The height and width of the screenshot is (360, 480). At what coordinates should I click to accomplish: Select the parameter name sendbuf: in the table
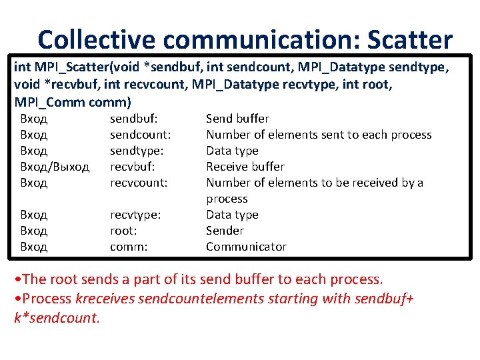tap(133, 119)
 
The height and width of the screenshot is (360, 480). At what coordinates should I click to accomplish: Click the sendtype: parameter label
tap(137, 151)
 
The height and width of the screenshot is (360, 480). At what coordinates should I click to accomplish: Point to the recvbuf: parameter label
tap(132, 167)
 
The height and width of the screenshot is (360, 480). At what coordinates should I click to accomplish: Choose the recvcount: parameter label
tap(138, 183)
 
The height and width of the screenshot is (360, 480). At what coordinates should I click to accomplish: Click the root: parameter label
tap(123, 231)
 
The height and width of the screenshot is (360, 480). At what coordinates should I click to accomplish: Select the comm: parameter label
tap(128, 247)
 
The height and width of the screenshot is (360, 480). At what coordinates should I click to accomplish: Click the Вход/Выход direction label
tap(55, 167)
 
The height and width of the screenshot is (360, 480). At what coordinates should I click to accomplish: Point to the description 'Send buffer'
tap(237, 119)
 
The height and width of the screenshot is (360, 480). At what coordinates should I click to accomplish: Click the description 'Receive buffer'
tap(245, 167)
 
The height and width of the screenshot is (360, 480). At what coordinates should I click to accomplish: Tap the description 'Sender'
tap(225, 231)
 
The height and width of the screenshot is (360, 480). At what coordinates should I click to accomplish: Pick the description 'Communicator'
tap(246, 247)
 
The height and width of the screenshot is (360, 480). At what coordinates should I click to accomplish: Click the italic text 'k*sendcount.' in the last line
tap(57, 317)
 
